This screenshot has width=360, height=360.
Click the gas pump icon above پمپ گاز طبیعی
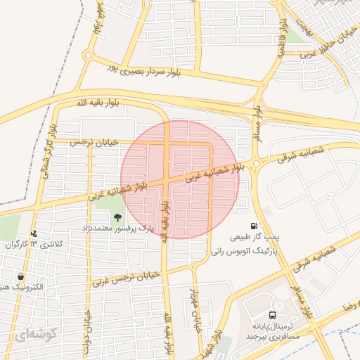pyautogui.click(x=253, y=225)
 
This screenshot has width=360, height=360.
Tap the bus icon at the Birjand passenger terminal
pyautogui.click(x=272, y=315)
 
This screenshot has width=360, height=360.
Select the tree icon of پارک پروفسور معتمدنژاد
pyautogui.click(x=117, y=217)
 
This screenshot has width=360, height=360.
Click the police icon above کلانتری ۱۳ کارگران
pyautogui.click(x=33, y=233)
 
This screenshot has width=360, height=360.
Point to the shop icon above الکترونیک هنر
pyautogui.click(x=20, y=276)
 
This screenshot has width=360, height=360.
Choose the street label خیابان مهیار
pyautogui.click(x=198, y=309)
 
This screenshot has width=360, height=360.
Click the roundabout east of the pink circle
pyautogui.click(x=256, y=164)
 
